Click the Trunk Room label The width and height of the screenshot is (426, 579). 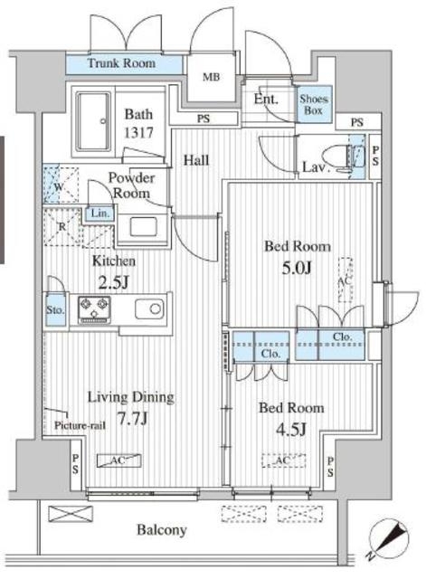pyautogui.click(x=121, y=63)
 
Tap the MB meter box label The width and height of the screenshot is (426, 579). pyautogui.click(x=211, y=77)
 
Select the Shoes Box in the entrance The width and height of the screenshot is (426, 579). pyautogui.click(x=314, y=105)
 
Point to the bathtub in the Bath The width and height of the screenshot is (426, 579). pyautogui.click(x=93, y=121)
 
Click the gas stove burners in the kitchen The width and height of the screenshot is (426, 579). pyautogui.click(x=94, y=309)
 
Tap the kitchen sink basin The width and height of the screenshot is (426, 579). pyautogui.click(x=149, y=308)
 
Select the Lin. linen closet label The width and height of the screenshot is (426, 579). pyautogui.click(x=100, y=214)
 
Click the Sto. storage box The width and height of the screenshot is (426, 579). pyautogui.click(x=55, y=309)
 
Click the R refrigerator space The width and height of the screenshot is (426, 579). pyautogui.click(x=62, y=227)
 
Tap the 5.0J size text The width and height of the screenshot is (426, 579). pyautogui.click(x=297, y=268)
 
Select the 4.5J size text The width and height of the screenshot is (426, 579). pyautogui.click(x=291, y=429)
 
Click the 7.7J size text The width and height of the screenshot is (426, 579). pyautogui.click(x=133, y=418)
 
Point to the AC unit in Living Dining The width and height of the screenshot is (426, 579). pyautogui.click(x=118, y=460)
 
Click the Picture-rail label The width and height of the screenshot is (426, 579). pyautogui.click(x=80, y=425)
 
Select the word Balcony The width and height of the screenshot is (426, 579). pyautogui.click(x=161, y=530)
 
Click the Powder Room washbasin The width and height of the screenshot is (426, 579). pyautogui.click(x=143, y=226)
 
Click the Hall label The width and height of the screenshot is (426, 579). pyautogui.click(x=196, y=160)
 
